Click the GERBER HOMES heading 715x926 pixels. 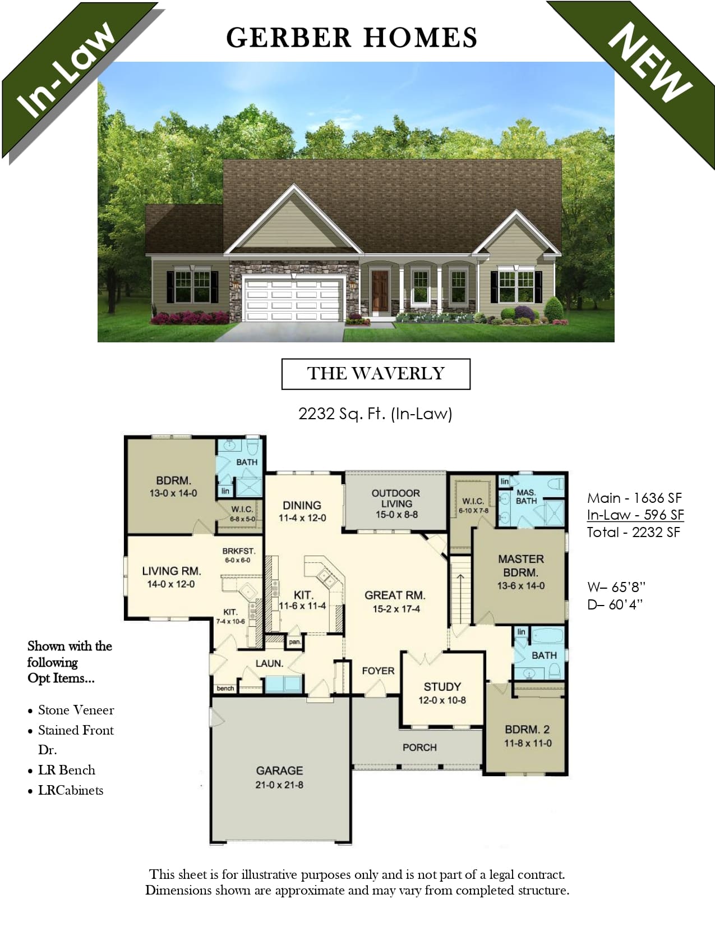(x=351, y=38)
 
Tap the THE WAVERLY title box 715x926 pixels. (x=376, y=374)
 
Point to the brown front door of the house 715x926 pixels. (x=380, y=291)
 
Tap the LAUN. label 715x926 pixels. (x=269, y=663)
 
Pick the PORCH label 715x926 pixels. (x=419, y=748)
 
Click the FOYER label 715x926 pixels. (x=378, y=671)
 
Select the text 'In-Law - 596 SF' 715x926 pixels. (x=635, y=515)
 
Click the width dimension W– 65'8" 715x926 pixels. (x=616, y=587)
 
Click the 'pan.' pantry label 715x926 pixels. (x=294, y=642)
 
